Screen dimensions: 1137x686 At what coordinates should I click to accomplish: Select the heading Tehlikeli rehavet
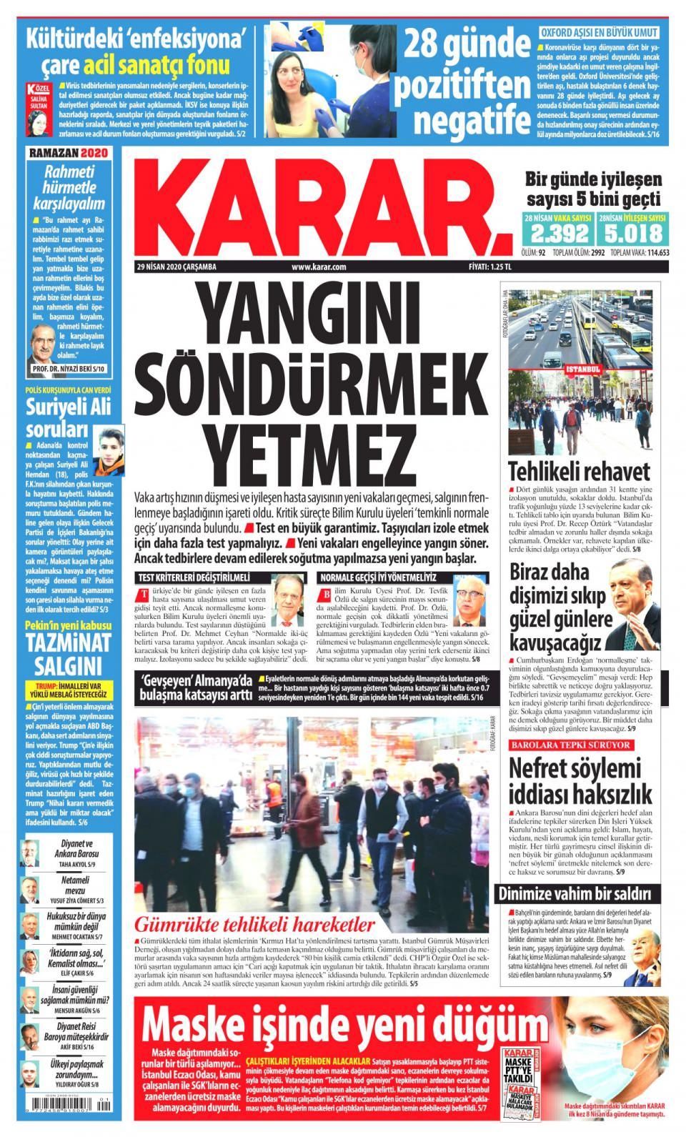579,472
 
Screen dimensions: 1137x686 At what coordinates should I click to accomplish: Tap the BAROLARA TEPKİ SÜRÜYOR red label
569,745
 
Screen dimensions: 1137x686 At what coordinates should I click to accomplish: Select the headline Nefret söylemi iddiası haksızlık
580,781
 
